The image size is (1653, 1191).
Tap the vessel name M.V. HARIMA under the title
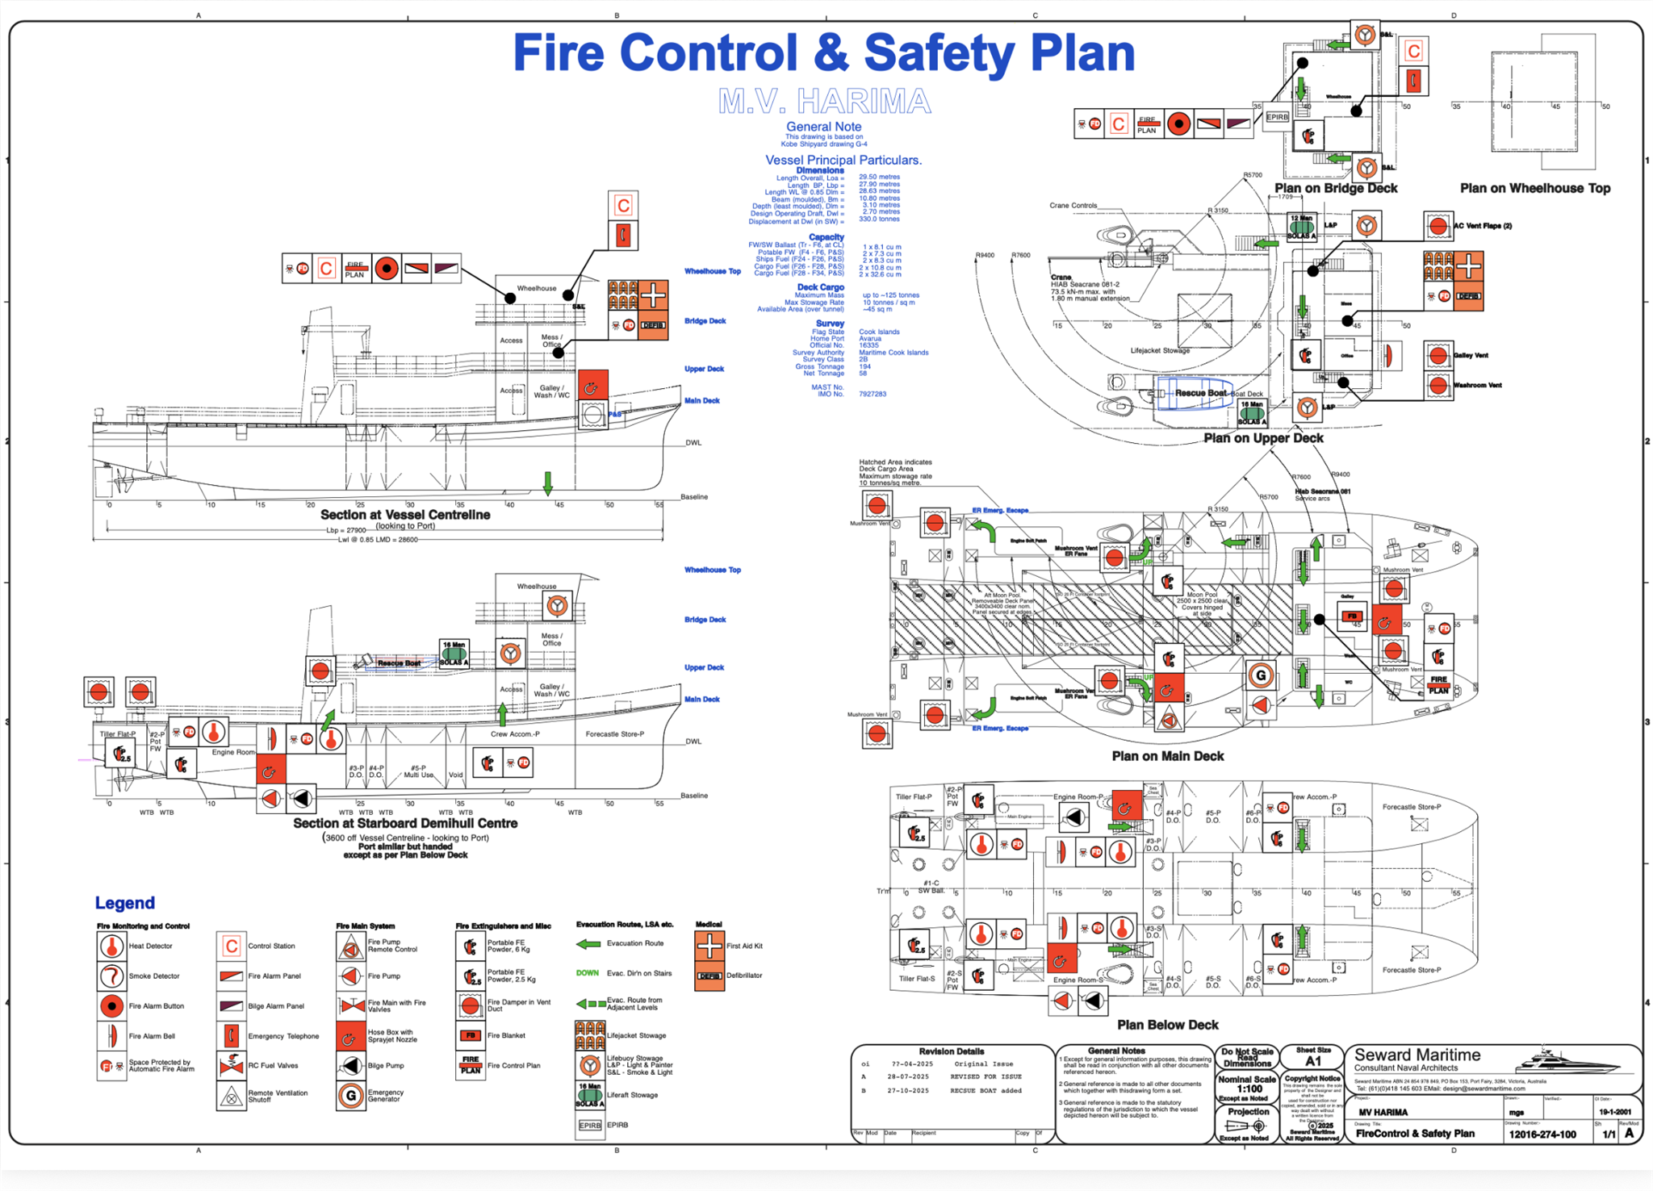824,102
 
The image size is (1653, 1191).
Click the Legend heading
124,903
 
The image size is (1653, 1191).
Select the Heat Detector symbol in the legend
111,946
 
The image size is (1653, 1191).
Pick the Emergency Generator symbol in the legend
350,1096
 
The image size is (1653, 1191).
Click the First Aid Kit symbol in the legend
709,946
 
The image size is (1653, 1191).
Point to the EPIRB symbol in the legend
590,1125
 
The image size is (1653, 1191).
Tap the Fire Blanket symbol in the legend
471,1035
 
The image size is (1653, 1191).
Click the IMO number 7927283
873,394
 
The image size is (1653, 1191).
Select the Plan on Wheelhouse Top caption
1534,188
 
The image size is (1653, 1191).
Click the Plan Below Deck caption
1167,1025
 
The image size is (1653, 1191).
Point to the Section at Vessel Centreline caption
405,515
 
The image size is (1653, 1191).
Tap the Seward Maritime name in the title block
1417,1055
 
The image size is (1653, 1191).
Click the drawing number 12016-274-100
1542,1134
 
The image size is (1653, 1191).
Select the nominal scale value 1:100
1249,1089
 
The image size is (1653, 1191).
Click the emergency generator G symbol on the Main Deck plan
1260,675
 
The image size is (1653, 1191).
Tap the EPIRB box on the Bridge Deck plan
1277,117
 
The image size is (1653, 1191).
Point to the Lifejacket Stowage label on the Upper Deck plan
1160,350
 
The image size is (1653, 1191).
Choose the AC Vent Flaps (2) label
1483,226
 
